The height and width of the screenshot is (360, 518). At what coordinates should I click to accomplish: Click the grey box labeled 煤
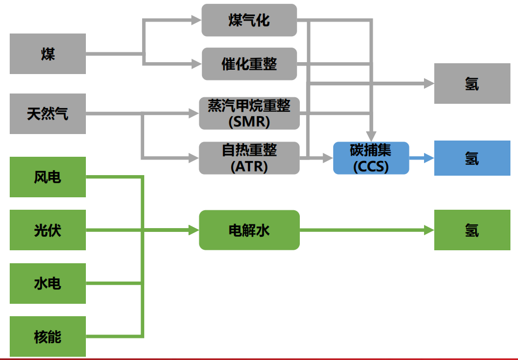[48, 54]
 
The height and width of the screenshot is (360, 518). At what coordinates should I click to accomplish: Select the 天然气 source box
[48, 114]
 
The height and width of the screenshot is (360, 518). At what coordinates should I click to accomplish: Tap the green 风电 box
[48, 177]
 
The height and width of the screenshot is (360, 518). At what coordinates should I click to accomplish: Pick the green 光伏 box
[48, 230]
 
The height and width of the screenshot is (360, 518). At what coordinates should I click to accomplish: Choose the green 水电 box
[48, 283]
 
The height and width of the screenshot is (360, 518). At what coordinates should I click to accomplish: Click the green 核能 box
[48, 336]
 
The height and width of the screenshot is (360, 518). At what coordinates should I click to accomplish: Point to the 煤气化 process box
[249, 21]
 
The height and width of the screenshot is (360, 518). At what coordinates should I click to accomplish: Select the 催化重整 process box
[249, 64]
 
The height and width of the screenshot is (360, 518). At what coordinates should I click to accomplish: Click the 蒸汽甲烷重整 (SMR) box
[249, 114]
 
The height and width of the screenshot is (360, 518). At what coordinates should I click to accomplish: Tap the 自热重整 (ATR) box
[249, 158]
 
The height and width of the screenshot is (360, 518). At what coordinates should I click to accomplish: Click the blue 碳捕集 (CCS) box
[371, 158]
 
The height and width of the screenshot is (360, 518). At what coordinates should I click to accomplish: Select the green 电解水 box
[249, 230]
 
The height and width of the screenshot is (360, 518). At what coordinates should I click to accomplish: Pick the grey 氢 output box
[472, 83]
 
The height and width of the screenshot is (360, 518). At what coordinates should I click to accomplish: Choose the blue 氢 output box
[472, 158]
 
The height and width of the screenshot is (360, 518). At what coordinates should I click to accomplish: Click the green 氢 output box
[472, 230]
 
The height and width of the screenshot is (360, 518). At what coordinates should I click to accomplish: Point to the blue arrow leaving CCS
[421, 158]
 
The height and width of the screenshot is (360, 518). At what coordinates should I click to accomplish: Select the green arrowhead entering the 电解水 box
[194, 230]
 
